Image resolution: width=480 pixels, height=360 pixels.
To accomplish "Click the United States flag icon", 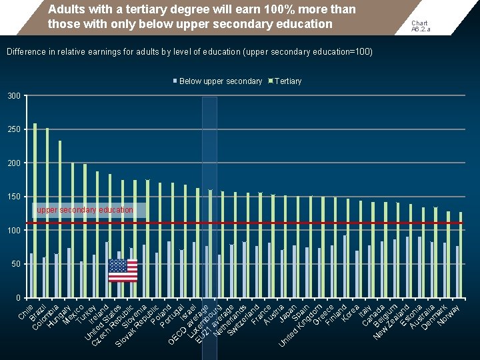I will pos(123,270).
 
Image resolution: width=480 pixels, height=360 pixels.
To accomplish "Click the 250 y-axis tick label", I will pos(13,129).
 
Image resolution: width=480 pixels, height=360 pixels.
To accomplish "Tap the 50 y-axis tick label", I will pos(15,264).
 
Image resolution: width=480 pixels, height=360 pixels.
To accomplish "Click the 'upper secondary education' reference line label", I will pos(85,210).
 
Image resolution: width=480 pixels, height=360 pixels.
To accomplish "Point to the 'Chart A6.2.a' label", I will pos(420,26).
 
